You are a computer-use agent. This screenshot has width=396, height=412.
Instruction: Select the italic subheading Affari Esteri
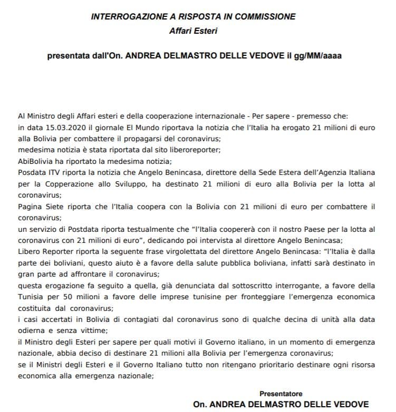click(198, 31)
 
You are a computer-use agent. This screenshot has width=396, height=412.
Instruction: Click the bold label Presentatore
click(281, 394)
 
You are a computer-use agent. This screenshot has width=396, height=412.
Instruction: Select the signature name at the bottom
click(281, 405)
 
